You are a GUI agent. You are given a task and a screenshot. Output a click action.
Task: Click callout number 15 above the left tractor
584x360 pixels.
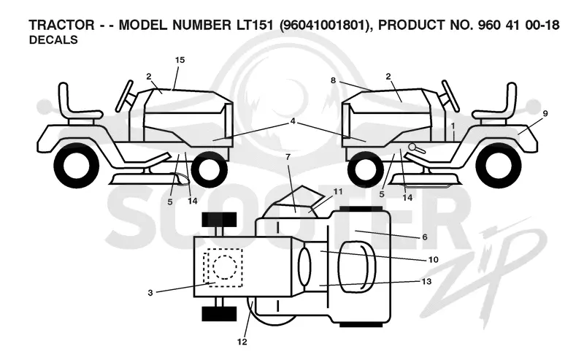click(x=180, y=60)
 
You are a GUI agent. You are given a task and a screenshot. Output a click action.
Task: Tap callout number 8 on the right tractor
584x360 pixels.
click(x=333, y=80)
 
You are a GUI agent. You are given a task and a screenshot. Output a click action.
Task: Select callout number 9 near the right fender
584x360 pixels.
click(x=545, y=114)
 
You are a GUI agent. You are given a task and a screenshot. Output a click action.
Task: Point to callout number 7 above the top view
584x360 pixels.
click(x=288, y=157)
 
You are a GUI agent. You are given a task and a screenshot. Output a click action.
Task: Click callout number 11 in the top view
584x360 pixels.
click(x=338, y=191)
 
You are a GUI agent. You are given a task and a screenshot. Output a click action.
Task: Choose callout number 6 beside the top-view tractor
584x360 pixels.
click(x=425, y=237)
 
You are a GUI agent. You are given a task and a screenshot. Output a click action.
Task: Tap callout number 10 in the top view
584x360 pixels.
click(x=434, y=259)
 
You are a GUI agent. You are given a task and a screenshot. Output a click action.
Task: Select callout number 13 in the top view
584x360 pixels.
click(x=426, y=281)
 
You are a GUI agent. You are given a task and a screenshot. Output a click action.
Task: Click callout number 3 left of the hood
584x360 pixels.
click(x=150, y=293)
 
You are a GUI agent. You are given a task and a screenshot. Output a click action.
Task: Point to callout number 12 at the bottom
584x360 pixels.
click(x=242, y=342)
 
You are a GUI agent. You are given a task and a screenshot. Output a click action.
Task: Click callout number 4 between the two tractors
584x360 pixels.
click(x=293, y=121)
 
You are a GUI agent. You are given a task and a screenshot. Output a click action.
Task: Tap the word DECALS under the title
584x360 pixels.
click(x=53, y=40)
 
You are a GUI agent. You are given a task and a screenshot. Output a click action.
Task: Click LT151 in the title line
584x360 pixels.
click(x=255, y=25)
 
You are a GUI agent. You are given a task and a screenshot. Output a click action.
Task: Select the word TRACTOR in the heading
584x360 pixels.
click(x=62, y=25)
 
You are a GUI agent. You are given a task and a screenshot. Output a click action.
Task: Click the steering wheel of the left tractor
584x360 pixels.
click(x=124, y=96)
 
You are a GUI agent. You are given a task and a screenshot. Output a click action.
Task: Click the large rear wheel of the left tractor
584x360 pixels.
click(x=77, y=165)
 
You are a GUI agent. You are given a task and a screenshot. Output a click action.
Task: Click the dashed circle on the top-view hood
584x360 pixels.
click(x=225, y=267)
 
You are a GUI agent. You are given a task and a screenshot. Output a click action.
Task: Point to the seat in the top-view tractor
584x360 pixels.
click(x=356, y=266)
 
